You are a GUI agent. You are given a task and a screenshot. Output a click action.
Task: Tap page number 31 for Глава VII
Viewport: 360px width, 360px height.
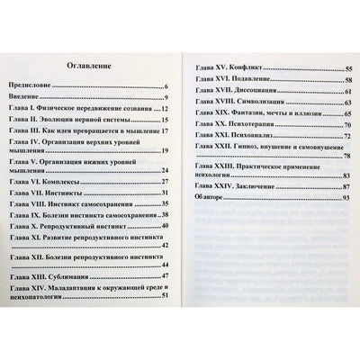[166, 193]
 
